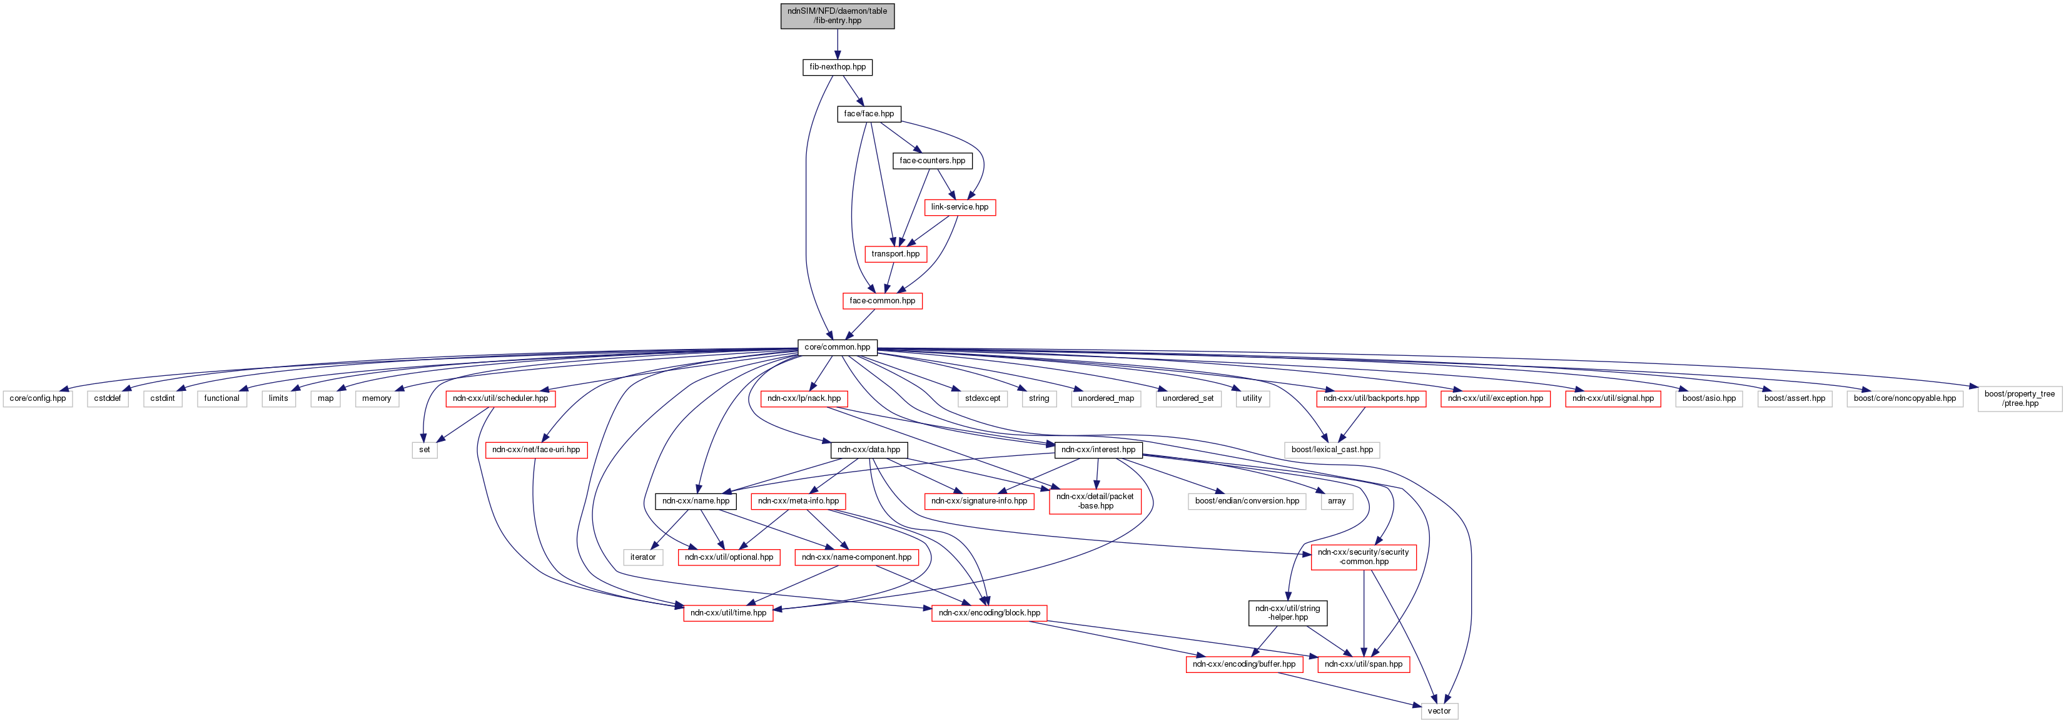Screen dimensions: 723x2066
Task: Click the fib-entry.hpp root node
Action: [838, 16]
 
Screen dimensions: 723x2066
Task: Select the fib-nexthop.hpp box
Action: [838, 68]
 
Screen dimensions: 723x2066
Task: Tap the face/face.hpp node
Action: [869, 114]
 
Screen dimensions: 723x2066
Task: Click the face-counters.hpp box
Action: [932, 160]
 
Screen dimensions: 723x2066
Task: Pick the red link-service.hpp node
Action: [960, 207]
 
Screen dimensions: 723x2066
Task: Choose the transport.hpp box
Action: [895, 254]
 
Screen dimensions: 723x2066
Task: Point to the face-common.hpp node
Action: [882, 301]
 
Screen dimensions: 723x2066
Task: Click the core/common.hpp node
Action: [838, 347]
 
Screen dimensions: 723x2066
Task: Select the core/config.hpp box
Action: [38, 398]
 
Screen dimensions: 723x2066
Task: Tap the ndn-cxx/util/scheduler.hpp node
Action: [500, 398]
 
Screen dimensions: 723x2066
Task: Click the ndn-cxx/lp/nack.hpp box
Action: [804, 398]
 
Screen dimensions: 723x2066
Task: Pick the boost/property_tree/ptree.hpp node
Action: [2020, 398]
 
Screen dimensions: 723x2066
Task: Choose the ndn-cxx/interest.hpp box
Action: [1098, 450]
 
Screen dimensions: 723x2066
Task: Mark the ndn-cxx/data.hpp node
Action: [869, 450]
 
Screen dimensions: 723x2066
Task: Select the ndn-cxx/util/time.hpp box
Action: [728, 613]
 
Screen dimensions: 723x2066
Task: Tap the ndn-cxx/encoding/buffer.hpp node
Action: [1244, 664]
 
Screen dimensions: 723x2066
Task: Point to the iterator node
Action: [642, 557]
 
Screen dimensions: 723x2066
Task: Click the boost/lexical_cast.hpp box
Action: [1331, 450]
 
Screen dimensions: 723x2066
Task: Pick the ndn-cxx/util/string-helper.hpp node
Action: [1287, 613]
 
